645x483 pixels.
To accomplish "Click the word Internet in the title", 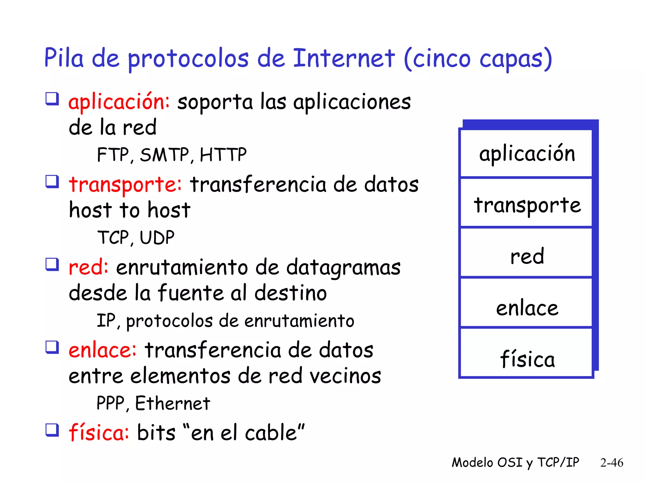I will [x=344, y=58].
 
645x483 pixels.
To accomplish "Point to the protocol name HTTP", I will [x=223, y=155].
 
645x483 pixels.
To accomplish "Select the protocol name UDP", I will [x=157, y=238].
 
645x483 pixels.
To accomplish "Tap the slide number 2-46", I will [x=612, y=463].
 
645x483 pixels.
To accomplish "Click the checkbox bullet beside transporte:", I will [x=52, y=181].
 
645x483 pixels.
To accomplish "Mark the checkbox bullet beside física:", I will [x=52, y=430].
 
